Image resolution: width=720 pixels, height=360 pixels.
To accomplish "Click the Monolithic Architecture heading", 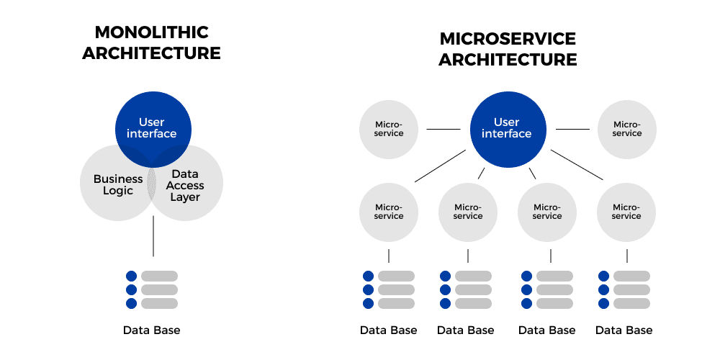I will tap(151, 43).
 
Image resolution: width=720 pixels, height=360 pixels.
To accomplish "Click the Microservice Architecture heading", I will tap(508, 49).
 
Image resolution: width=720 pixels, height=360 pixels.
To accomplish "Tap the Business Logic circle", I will tap(112, 184).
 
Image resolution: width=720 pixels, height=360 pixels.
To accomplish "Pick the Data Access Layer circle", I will tap(189, 184).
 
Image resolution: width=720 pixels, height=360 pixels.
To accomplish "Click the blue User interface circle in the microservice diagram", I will tap(506, 128).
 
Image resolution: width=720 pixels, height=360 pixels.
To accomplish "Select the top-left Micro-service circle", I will tap(389, 129).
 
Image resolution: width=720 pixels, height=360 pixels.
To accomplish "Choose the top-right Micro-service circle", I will tap(626, 129).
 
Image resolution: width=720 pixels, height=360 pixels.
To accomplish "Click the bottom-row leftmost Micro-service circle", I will tap(389, 212).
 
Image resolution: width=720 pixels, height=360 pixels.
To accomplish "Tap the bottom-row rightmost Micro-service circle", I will tap(626, 212).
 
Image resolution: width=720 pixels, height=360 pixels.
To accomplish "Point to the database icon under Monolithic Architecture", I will tap(152, 289).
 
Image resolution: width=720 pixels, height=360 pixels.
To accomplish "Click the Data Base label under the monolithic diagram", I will tap(151, 330).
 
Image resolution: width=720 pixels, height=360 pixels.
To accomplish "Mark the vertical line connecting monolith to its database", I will tap(153, 236).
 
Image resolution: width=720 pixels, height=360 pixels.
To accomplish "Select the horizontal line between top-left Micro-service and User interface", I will tap(443, 130).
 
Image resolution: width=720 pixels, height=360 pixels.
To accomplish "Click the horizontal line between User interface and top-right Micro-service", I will tap(572, 130).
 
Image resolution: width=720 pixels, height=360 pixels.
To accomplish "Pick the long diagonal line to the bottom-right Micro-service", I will tap(577, 165).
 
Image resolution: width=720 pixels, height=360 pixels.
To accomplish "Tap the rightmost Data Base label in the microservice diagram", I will tap(624, 330).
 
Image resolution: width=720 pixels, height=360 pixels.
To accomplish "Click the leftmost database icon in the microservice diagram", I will tap(389, 289).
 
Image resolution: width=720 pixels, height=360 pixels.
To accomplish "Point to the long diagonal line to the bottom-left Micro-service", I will tap(440, 166).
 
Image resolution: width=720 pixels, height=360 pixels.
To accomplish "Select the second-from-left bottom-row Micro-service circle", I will tap(468, 212).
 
